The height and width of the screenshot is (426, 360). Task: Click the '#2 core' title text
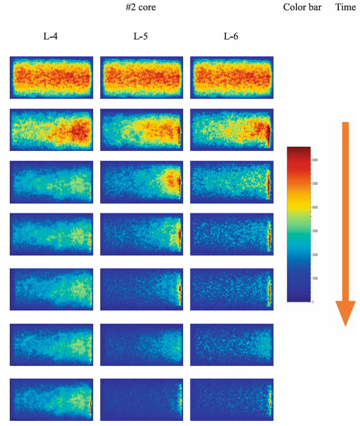(140, 7)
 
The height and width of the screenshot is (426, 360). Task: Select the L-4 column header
(50, 37)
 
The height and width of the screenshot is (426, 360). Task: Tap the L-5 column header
(141, 37)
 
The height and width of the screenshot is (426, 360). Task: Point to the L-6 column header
(231, 37)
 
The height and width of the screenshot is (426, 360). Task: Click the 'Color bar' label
(302, 7)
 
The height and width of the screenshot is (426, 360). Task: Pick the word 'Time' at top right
(345, 7)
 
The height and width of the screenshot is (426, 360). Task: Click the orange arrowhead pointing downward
(345, 313)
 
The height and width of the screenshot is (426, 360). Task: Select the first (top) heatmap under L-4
(52, 77)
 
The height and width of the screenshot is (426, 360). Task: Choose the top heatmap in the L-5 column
(141, 77)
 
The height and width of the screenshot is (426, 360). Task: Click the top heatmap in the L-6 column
(231, 77)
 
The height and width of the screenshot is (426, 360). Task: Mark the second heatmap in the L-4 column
(52, 130)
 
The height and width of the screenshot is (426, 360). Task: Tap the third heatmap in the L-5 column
(141, 182)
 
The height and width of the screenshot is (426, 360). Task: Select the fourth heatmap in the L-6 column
(231, 234)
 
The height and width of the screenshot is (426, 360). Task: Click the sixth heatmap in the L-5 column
(141, 345)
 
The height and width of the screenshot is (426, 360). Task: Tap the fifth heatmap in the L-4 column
(52, 289)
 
